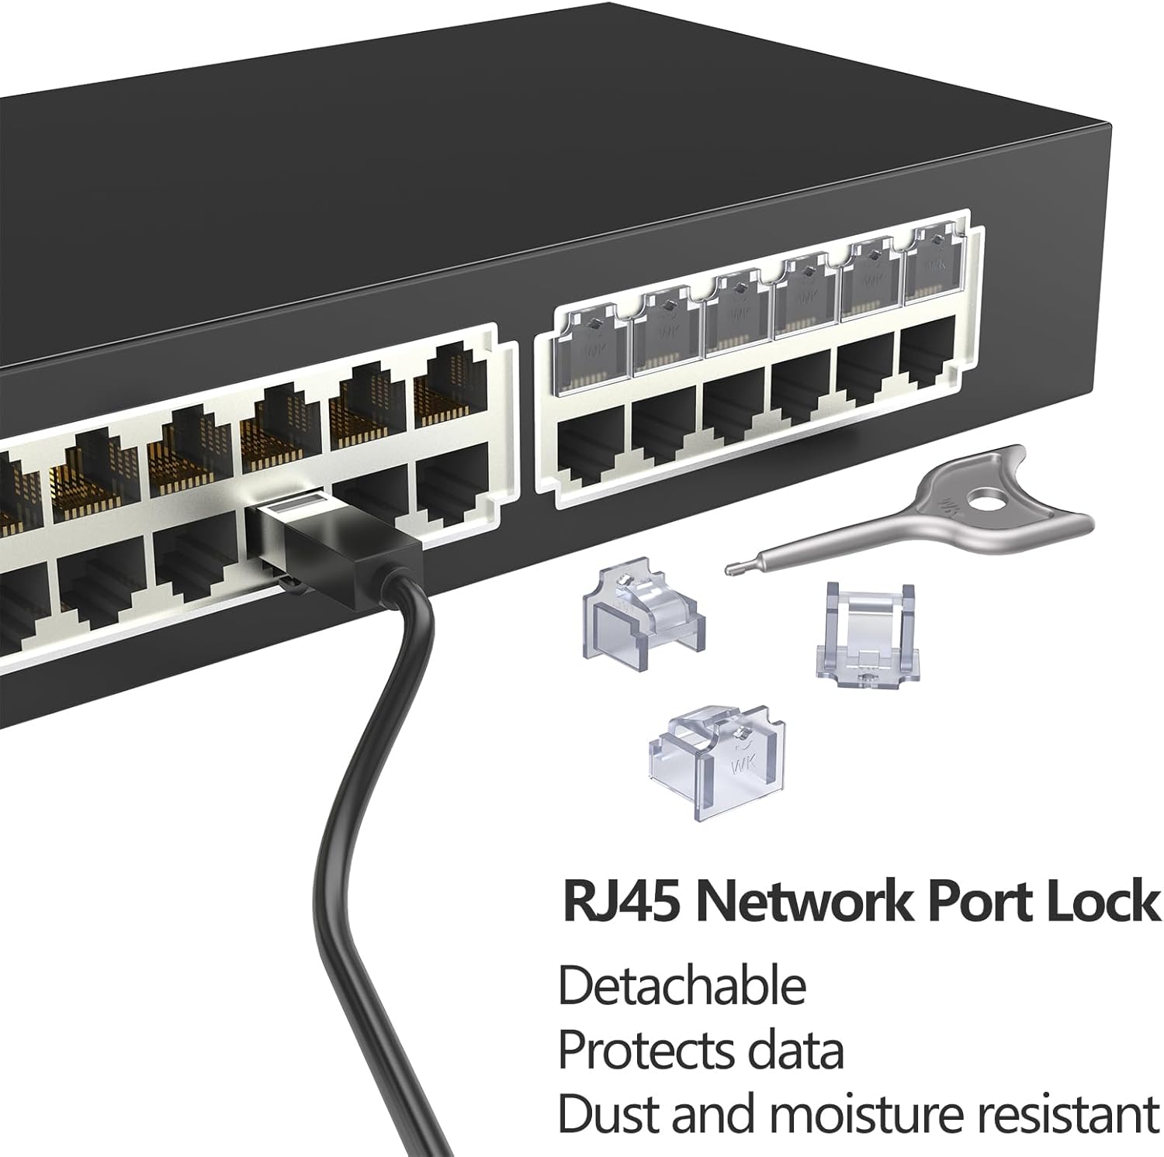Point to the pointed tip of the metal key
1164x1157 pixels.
[730, 571]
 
